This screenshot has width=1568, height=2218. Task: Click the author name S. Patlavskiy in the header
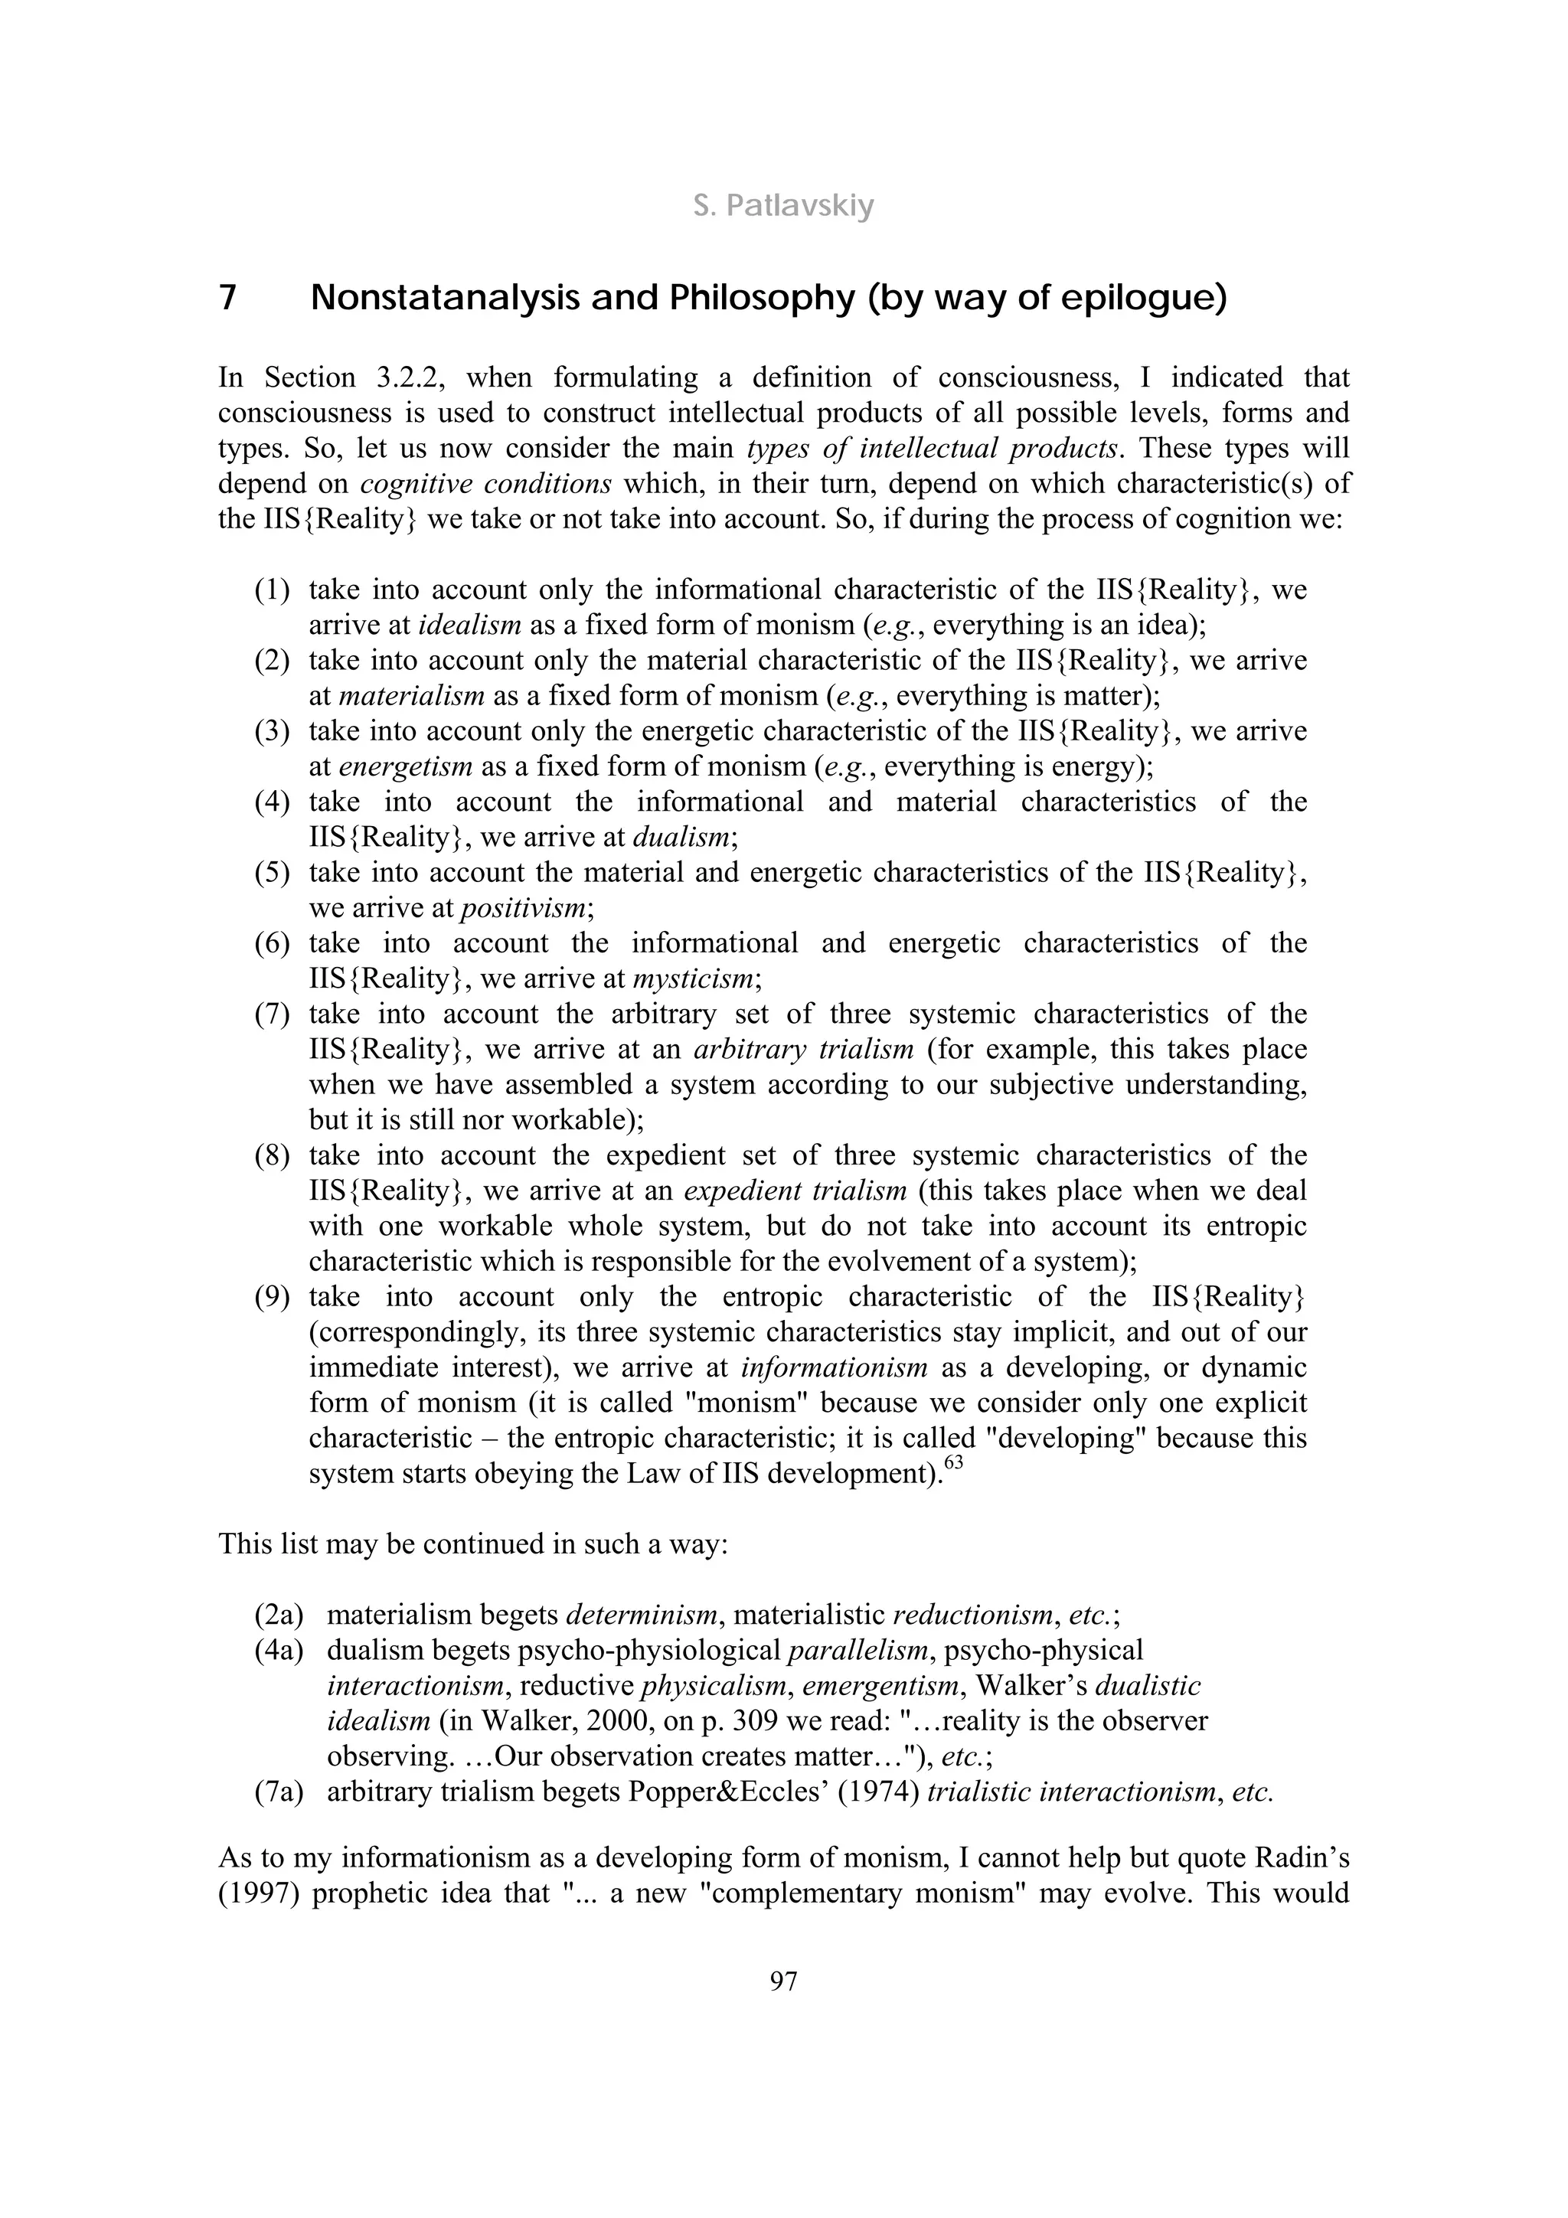(783, 206)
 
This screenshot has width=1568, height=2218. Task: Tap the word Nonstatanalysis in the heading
(444, 298)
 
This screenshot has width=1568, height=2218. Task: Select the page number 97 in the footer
(783, 1981)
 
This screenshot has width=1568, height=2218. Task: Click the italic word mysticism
(694, 978)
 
